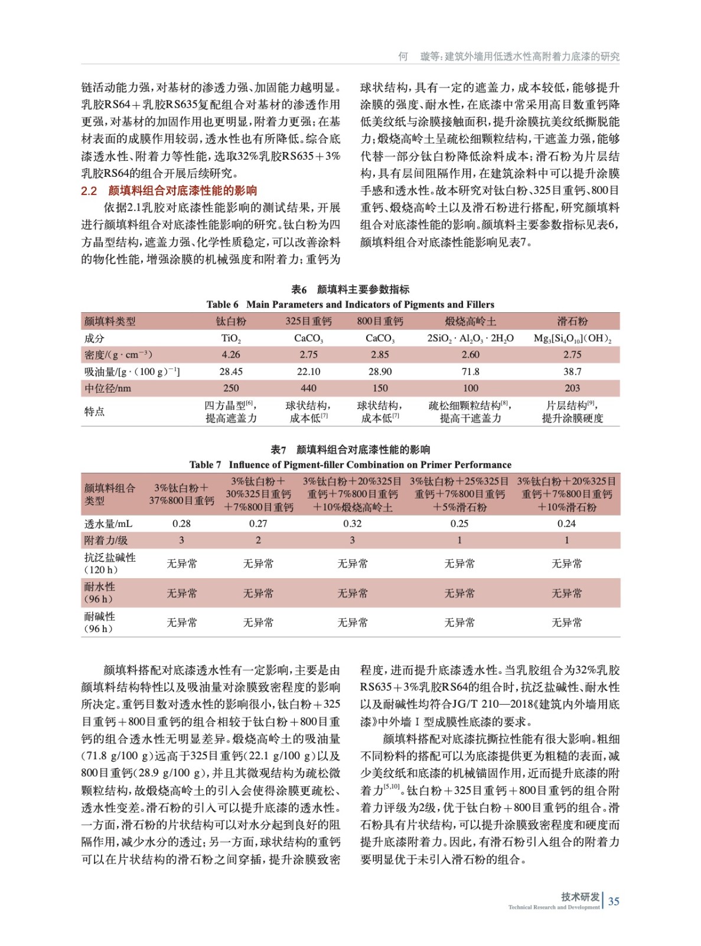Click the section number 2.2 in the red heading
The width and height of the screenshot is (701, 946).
(x=89, y=190)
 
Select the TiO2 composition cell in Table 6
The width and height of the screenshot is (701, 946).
(x=231, y=338)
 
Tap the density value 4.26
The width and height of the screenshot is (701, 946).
(x=231, y=355)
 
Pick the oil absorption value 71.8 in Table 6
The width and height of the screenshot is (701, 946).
(x=470, y=371)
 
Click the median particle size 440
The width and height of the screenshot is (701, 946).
(x=308, y=388)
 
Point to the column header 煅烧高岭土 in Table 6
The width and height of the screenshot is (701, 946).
(x=470, y=321)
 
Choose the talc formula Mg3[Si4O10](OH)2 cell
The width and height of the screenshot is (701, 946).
(x=572, y=338)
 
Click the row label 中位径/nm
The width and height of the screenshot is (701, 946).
(x=107, y=388)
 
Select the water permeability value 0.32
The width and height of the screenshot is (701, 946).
(x=352, y=523)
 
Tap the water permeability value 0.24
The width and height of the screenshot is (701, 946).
(x=566, y=523)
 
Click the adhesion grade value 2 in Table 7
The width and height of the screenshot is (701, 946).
(x=258, y=540)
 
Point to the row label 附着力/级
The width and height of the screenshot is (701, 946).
(x=106, y=540)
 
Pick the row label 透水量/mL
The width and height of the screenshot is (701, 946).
(x=108, y=523)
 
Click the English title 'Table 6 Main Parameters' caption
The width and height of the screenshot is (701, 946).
(x=350, y=304)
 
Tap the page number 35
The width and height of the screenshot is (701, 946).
(x=614, y=901)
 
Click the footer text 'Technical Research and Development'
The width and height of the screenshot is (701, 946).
(x=553, y=907)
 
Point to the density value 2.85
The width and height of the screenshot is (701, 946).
(x=380, y=355)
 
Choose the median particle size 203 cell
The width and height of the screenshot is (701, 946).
(x=572, y=388)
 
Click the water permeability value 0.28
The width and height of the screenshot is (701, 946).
(x=181, y=523)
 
